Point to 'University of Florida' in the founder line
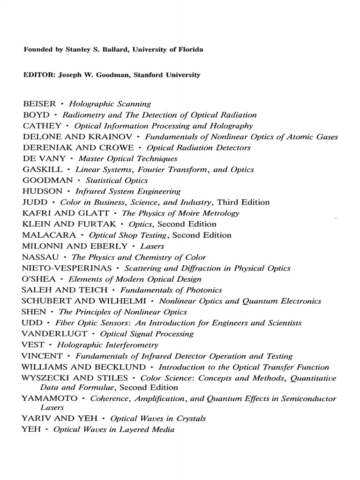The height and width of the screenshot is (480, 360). click(167, 50)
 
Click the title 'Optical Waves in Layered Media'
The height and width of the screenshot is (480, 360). click(114, 429)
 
